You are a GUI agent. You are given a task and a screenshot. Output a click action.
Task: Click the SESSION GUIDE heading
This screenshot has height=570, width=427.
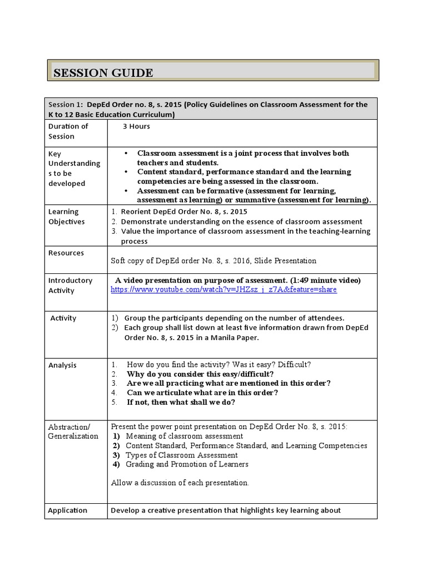click(x=103, y=73)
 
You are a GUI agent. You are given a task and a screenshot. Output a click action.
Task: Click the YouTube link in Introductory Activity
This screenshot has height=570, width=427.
click(x=224, y=290)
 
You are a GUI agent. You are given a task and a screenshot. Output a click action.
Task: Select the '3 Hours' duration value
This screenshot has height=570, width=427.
click(x=136, y=126)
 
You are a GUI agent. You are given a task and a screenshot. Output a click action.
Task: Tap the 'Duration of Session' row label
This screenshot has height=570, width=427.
click(x=68, y=131)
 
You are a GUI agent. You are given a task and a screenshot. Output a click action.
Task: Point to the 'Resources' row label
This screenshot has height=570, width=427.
click(x=66, y=253)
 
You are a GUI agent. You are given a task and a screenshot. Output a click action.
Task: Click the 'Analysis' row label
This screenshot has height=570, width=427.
click(x=62, y=365)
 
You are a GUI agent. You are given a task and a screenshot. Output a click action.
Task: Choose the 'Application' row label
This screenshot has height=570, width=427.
click(x=67, y=510)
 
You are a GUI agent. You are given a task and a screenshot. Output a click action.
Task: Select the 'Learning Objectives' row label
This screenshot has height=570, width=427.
click(x=66, y=217)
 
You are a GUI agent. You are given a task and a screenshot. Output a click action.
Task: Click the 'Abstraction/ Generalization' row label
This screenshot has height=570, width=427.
click(x=72, y=431)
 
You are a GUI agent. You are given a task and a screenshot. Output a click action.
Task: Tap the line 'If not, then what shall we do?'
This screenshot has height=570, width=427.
click(x=181, y=402)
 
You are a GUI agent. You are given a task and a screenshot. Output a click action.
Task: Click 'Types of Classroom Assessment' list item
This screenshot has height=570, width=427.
click(x=181, y=455)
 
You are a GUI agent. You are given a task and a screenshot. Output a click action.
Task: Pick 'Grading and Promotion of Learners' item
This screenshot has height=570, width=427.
click(x=187, y=464)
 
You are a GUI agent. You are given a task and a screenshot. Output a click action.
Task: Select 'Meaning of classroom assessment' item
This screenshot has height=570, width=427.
click(x=184, y=436)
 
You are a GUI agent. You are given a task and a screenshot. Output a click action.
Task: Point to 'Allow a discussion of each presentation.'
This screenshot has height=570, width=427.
click(x=180, y=483)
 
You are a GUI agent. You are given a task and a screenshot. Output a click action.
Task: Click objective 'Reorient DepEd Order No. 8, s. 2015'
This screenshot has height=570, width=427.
click(x=183, y=212)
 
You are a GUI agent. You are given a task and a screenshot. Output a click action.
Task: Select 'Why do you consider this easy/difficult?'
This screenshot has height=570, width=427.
click(x=200, y=374)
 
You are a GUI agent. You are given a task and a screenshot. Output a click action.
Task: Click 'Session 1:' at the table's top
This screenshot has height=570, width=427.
click(x=65, y=105)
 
